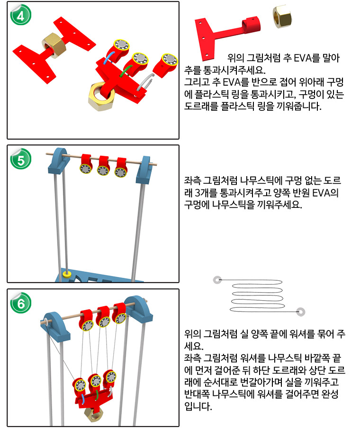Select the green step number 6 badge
click(20, 302)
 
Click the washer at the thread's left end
click(217, 280)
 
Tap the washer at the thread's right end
click(300, 312)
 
